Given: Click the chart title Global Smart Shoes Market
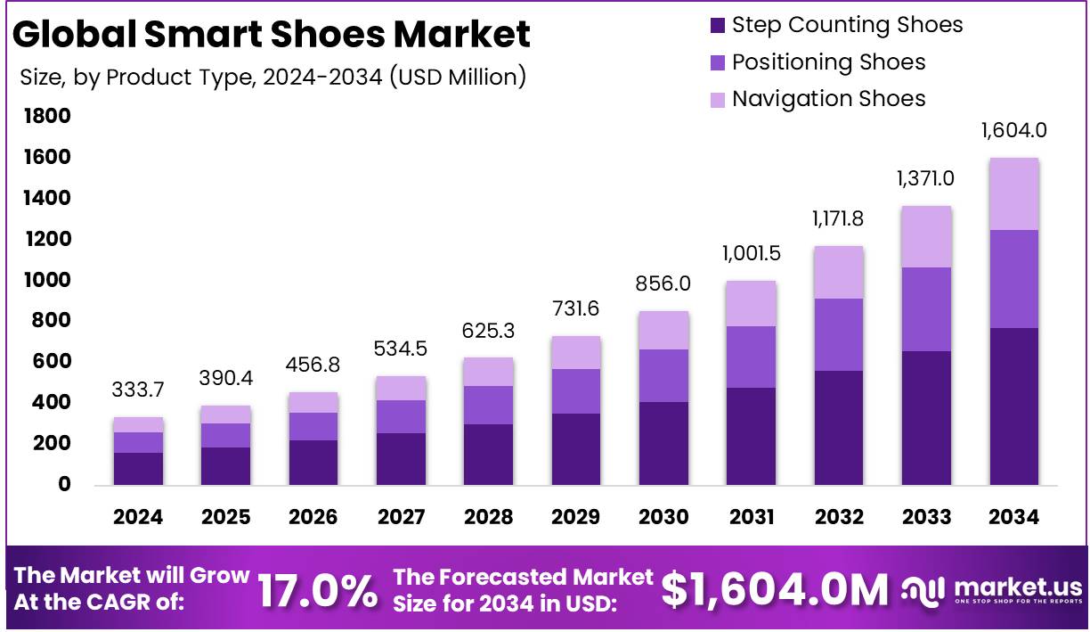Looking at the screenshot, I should click(x=272, y=34).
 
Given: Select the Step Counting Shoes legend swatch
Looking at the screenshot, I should click(x=718, y=25).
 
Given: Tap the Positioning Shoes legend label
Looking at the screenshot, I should click(x=828, y=62).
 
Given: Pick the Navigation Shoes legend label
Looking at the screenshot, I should click(x=828, y=99).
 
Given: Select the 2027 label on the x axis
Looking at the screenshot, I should click(x=401, y=517).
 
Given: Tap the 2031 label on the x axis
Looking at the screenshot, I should click(x=750, y=517).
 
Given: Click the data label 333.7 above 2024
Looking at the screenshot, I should click(x=138, y=390).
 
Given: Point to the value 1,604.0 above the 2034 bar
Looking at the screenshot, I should click(x=1013, y=131).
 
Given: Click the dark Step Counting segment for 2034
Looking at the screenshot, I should click(x=1013, y=406).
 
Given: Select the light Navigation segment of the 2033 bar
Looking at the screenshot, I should click(x=926, y=236).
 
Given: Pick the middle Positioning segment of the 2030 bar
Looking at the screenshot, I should click(x=663, y=375).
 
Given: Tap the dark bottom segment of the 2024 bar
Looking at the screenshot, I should click(x=138, y=468).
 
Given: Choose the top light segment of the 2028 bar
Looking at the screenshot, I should click(x=488, y=372).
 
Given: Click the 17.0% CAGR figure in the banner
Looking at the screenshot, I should click(x=317, y=591).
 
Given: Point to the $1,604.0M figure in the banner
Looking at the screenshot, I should click(x=775, y=590).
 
